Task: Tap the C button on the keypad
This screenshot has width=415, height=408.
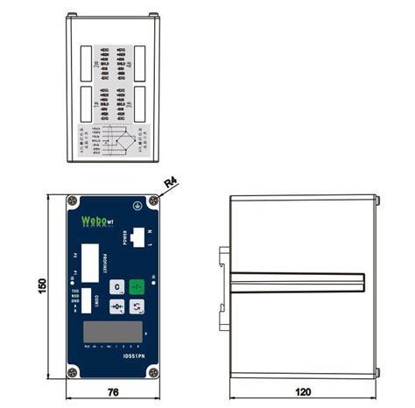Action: coord(116,286)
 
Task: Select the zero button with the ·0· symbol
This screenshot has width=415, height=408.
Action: coord(116,306)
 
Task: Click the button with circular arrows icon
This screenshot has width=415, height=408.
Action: coord(137,306)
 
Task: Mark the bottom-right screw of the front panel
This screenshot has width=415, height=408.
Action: coord(154,373)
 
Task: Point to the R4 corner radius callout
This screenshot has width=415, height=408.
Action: coord(171,183)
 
